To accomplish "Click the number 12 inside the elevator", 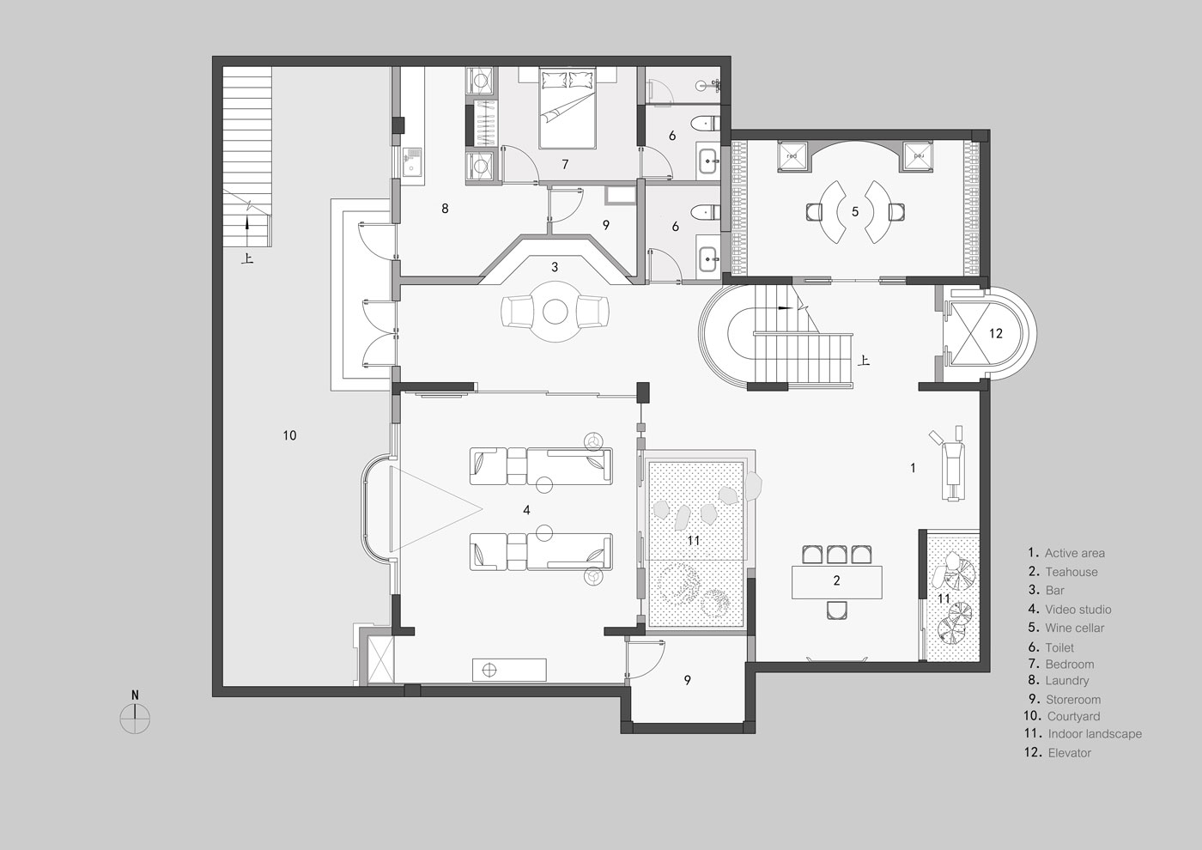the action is [996, 334].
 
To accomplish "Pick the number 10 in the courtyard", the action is [290, 435].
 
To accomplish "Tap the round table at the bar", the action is [555, 311].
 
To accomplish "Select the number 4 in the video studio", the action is [526, 510].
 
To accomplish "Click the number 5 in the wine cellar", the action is [855, 211].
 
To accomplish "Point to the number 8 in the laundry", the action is [445, 208].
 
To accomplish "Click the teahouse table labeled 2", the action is [836, 582].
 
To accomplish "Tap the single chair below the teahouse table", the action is [836, 610].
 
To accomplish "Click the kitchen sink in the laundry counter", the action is [413, 163].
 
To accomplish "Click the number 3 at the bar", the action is [555, 267].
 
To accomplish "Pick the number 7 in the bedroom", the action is [565, 164].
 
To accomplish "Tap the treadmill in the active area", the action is [950, 464].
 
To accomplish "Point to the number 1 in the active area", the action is [913, 468].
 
